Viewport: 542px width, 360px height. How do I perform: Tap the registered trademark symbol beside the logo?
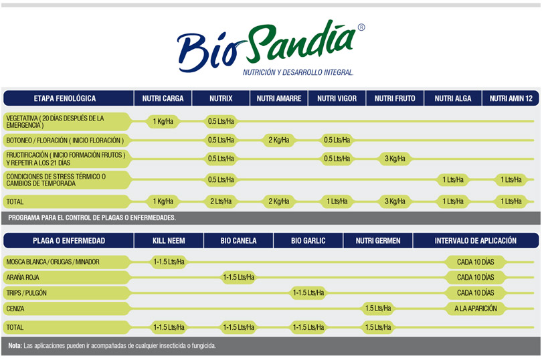[361, 27]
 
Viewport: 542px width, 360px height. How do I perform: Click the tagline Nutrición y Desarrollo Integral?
[298, 72]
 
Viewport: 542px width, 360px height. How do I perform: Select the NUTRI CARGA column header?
[163, 98]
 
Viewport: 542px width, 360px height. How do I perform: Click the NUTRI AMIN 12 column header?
[511, 98]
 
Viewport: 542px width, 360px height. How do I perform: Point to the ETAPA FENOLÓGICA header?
[65, 98]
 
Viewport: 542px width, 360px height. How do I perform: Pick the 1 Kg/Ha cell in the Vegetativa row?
[163, 121]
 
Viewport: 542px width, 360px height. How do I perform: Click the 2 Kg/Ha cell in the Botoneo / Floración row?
[279, 140]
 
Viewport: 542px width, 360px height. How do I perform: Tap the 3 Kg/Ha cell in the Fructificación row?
[395, 159]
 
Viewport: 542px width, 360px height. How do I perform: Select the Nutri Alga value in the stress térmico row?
[453, 180]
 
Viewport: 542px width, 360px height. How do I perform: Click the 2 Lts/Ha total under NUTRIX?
[221, 201]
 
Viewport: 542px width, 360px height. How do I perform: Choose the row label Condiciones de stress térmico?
[56, 180]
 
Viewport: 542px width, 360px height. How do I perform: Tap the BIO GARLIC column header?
[308, 241]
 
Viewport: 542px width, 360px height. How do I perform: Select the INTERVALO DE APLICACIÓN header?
[476, 241]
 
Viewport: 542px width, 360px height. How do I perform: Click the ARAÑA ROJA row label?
[23, 277]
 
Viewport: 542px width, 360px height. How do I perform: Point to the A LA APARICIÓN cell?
[476, 308]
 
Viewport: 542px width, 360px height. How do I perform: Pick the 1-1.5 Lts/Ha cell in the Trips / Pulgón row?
[308, 293]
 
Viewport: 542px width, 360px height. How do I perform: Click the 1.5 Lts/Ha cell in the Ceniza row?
[378, 308]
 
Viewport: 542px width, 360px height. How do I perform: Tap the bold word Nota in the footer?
[15, 345]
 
